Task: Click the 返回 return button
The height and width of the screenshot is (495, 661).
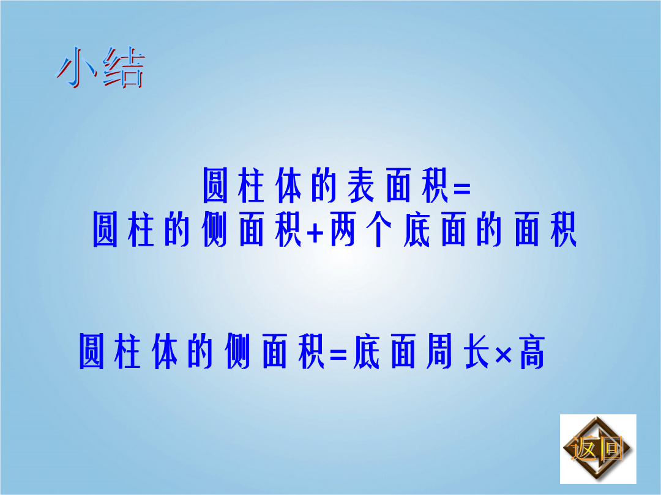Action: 598,449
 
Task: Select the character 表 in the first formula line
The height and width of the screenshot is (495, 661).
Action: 361,186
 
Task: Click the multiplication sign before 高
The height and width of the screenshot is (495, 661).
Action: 503,355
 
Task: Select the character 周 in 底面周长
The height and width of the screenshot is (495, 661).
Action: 439,351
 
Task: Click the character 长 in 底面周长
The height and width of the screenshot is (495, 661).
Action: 476,351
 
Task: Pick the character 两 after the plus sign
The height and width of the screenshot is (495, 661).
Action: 343,229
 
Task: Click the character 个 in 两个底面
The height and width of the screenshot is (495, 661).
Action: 379,229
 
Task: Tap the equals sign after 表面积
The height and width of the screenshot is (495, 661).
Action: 461,188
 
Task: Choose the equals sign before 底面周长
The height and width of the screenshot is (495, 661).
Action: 338,355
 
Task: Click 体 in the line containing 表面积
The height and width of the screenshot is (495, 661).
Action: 288,186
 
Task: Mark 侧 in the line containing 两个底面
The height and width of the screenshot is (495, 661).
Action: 215,229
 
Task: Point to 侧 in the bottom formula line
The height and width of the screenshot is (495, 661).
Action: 237,351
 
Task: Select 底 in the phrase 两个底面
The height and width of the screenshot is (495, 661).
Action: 417,229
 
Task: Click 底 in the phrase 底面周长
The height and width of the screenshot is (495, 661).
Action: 367,351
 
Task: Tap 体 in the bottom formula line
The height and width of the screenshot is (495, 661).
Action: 165,351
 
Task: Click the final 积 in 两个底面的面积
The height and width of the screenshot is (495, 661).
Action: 564,229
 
